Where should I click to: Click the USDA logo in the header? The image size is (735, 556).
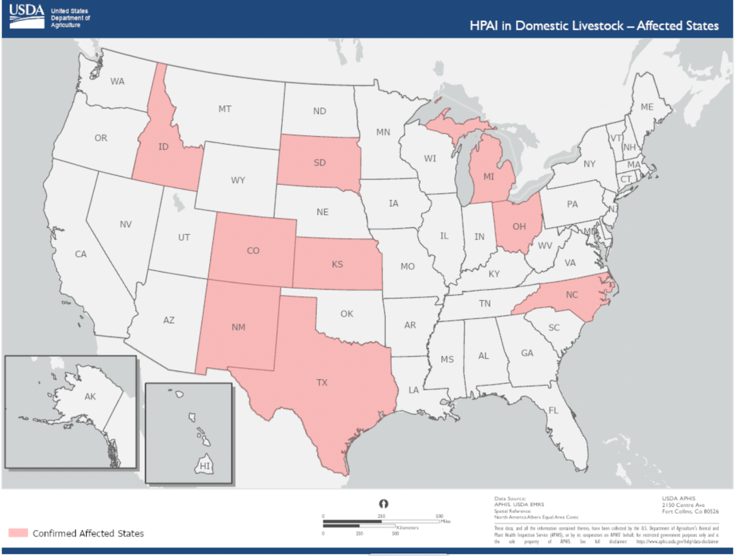point(27,17)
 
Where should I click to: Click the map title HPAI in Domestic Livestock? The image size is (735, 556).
point(594,26)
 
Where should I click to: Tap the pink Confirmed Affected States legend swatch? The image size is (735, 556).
point(18,533)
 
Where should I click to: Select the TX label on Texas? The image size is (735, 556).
point(322,382)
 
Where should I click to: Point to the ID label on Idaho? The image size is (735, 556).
point(164,147)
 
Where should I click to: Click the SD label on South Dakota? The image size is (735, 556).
point(320,163)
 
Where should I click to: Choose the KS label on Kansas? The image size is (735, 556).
point(338,264)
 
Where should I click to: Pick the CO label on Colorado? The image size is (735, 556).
point(253,251)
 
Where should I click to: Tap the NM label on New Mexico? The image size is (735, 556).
point(239,327)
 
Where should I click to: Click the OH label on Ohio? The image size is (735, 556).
point(519,226)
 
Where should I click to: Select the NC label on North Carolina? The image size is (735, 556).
point(572,295)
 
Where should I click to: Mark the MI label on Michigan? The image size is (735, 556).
point(489,177)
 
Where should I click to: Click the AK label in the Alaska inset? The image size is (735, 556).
point(90,396)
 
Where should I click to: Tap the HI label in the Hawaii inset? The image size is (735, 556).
point(205,466)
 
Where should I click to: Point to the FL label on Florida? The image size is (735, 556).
point(553,410)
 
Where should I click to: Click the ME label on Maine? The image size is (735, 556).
point(647,107)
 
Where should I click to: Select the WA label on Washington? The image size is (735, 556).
point(117,81)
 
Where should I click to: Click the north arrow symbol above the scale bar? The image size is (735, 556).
point(383,503)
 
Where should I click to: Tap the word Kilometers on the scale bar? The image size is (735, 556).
point(407,528)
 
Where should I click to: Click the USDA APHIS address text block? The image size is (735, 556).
point(690,505)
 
